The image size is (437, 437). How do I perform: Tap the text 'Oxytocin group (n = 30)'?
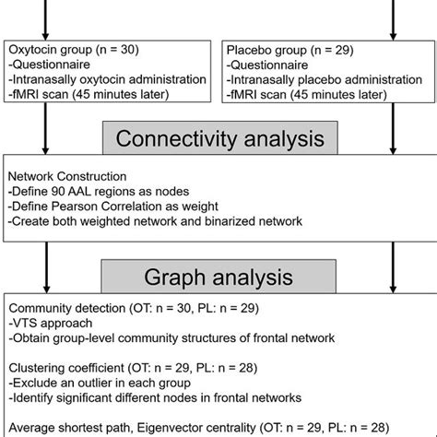(x=78, y=47)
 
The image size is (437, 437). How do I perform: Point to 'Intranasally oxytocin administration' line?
(x=111, y=79)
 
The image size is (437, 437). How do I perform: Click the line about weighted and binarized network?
(x=157, y=221)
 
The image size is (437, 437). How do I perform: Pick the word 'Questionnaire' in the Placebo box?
(x=275, y=64)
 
